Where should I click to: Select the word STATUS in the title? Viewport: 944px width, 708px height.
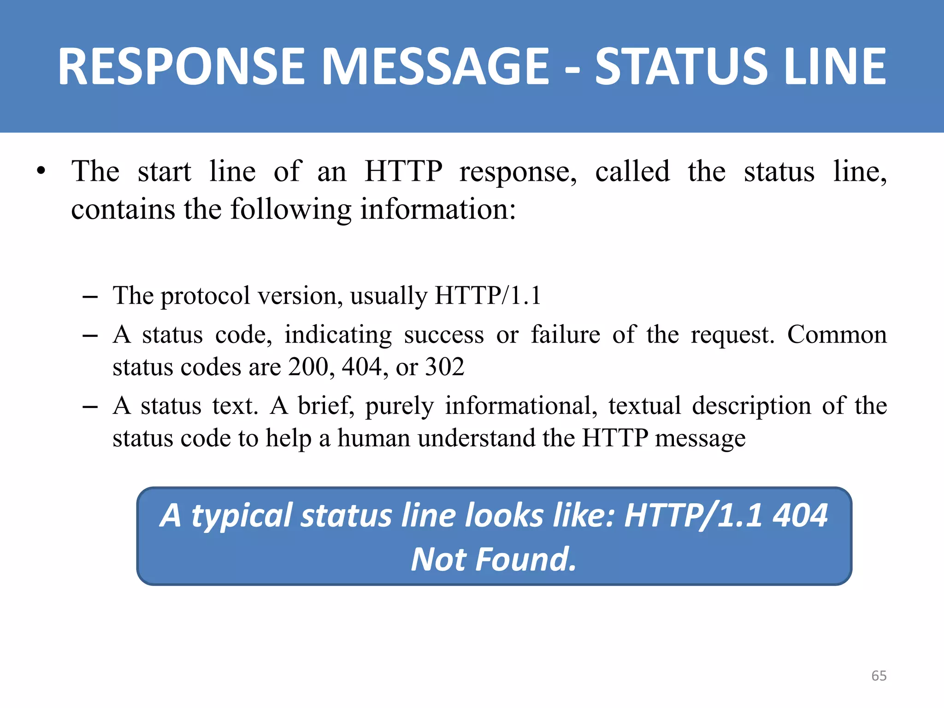[681, 67]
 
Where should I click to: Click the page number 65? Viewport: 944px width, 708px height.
[879, 676]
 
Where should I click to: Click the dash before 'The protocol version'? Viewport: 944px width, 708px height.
[90, 296]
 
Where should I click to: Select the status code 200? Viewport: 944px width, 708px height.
[308, 367]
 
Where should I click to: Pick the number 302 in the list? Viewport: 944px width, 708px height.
[444, 367]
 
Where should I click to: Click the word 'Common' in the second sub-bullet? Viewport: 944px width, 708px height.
[837, 334]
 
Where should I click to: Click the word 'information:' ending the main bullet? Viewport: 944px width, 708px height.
[438, 209]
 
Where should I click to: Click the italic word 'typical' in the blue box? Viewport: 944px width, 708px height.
[242, 516]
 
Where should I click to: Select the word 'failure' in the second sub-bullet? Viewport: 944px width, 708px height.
[565, 334]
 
